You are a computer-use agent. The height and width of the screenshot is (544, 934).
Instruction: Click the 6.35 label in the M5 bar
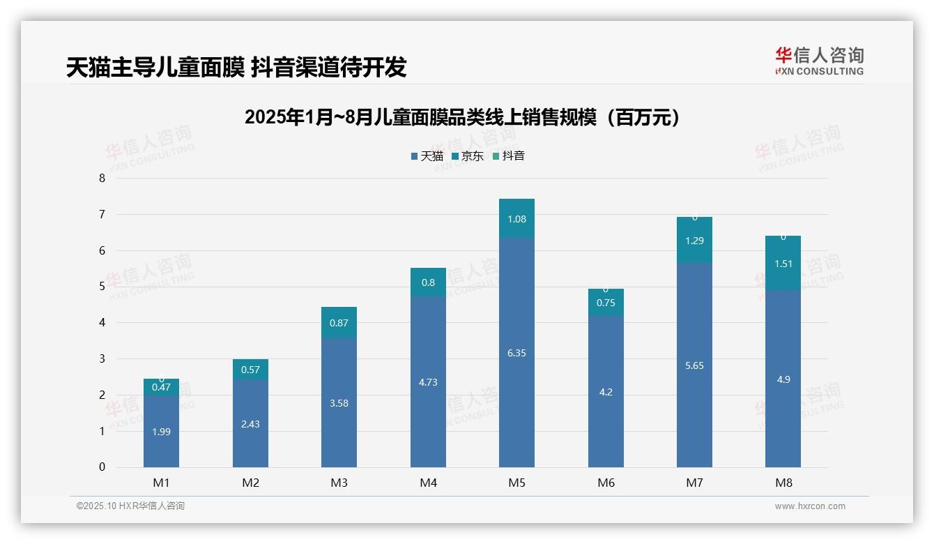(x=516, y=353)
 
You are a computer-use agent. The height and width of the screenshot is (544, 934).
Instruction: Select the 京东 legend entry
(x=467, y=156)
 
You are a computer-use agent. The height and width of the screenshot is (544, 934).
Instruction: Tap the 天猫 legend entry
(x=427, y=156)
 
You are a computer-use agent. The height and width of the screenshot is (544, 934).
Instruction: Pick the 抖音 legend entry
(x=508, y=156)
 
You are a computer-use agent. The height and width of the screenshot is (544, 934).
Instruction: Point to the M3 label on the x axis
(x=339, y=483)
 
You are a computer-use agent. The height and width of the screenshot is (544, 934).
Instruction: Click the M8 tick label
(x=783, y=483)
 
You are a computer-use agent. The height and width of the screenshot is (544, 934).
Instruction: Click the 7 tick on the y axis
(x=102, y=214)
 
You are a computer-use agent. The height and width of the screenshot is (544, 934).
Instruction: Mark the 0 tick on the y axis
(x=102, y=467)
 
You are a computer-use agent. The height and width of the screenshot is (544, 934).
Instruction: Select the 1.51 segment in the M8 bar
(x=783, y=264)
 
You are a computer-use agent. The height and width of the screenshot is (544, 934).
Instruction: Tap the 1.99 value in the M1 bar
(x=161, y=432)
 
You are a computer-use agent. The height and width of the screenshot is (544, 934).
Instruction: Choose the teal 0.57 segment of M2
(x=250, y=370)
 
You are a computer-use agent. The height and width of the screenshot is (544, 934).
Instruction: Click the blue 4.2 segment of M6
(x=606, y=392)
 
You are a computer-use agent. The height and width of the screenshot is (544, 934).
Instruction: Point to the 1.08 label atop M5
(x=516, y=219)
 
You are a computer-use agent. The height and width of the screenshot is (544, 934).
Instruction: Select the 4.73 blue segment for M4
(x=428, y=382)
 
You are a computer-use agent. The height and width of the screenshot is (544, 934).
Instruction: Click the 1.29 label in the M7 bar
(x=694, y=241)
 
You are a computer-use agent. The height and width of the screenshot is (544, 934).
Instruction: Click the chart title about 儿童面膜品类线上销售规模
(x=462, y=118)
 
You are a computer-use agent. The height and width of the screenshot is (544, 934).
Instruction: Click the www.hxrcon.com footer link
(x=810, y=506)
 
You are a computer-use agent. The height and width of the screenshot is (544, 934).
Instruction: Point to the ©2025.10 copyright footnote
(x=130, y=506)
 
